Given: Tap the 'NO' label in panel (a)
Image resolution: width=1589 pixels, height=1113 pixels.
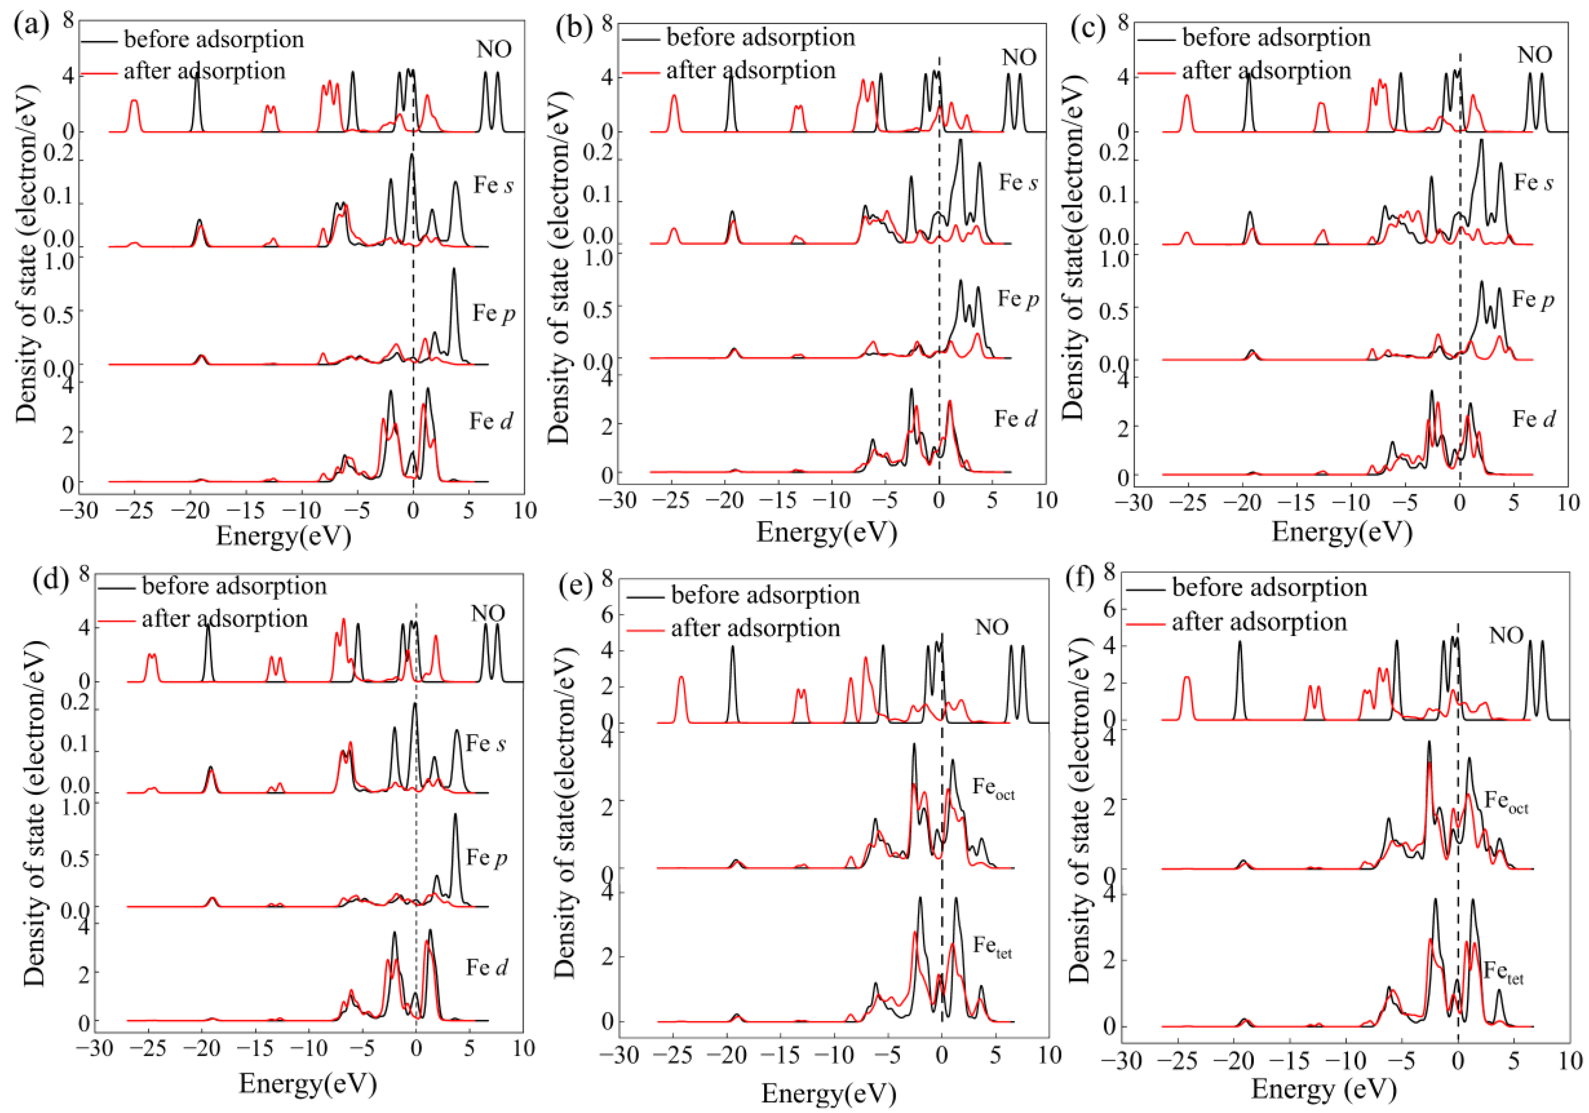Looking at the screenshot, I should pos(494,49).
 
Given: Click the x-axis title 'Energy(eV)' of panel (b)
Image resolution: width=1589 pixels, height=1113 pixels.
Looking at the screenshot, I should pos(826,532).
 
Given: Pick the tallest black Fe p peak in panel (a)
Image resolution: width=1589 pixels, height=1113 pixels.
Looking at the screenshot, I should pos(454,270).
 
